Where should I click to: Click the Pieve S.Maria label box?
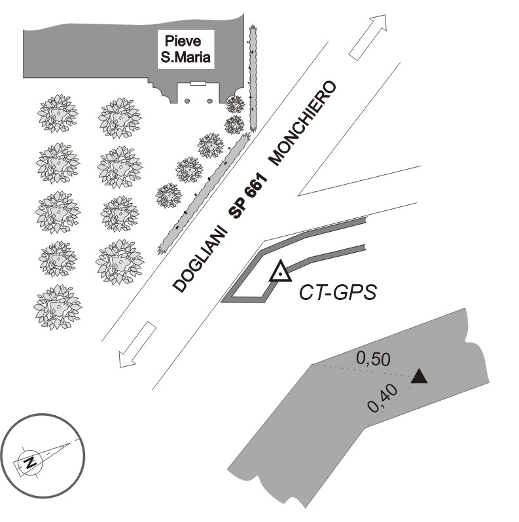(186, 50)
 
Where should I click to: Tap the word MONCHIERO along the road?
(304, 122)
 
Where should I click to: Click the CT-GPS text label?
(338, 293)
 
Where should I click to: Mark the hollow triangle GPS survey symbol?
(280, 270)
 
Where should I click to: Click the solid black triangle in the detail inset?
(419, 377)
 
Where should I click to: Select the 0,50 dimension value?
(373, 358)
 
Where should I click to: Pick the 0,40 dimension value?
(382, 398)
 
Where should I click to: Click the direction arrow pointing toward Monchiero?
(367, 37)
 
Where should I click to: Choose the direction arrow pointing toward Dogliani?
(137, 345)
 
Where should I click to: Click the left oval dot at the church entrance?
(187, 101)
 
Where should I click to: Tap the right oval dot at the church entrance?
(209, 101)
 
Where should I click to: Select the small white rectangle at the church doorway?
(198, 83)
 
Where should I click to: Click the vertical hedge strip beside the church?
(253, 77)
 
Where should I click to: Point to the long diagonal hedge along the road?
(204, 193)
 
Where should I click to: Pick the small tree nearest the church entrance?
(236, 104)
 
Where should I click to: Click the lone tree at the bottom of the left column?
(58, 307)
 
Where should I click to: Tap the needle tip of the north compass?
(71, 443)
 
